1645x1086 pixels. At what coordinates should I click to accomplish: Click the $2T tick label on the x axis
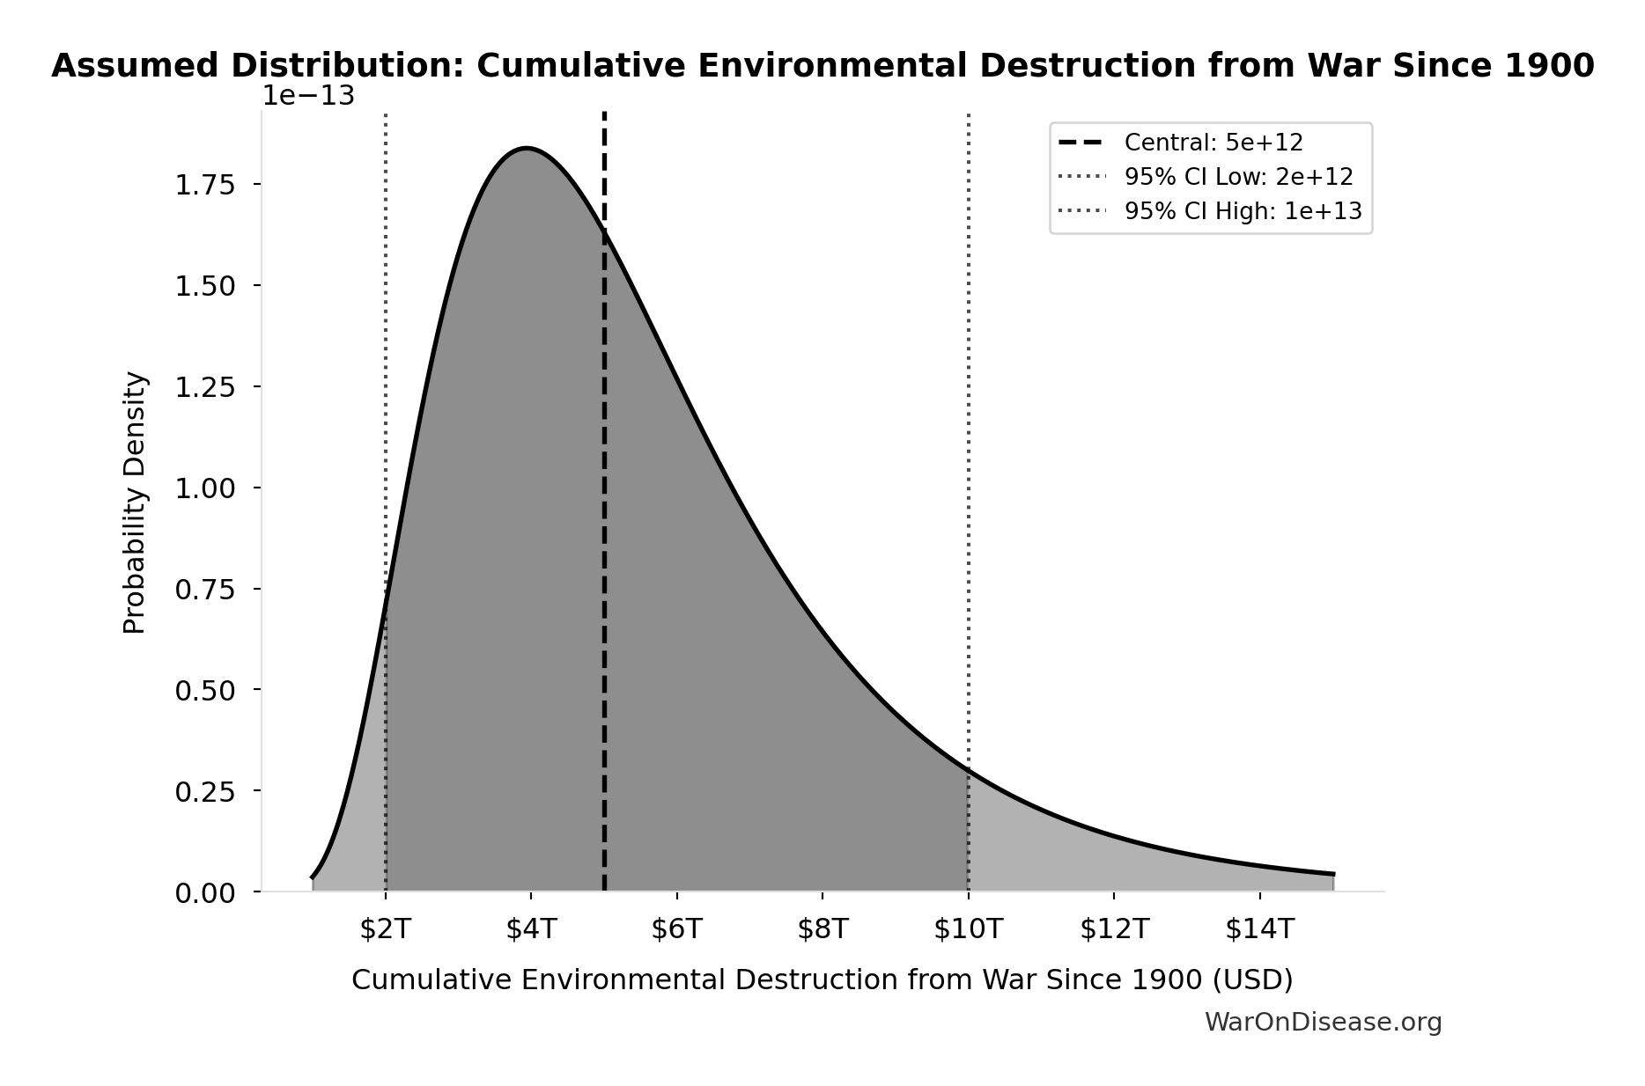386,929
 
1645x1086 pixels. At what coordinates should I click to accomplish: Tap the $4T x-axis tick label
531,929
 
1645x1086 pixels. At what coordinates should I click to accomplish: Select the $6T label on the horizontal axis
677,929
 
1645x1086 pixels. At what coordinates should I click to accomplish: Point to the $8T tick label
822,929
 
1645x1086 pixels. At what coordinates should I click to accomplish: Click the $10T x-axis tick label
969,929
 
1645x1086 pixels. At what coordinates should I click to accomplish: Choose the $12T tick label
1114,929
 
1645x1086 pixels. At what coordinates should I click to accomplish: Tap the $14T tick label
1260,929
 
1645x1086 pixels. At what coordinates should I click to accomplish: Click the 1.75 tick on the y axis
205,185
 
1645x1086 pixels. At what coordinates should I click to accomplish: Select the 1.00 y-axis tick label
205,488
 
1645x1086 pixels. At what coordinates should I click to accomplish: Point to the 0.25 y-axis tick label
205,792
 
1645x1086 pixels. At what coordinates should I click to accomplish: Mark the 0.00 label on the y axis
205,893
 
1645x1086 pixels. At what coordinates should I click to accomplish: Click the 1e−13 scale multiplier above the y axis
308,96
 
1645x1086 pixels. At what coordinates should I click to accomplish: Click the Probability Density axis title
135,503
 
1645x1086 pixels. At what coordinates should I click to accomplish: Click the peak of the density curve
526,149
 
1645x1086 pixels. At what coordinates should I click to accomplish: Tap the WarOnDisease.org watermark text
1323,1022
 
